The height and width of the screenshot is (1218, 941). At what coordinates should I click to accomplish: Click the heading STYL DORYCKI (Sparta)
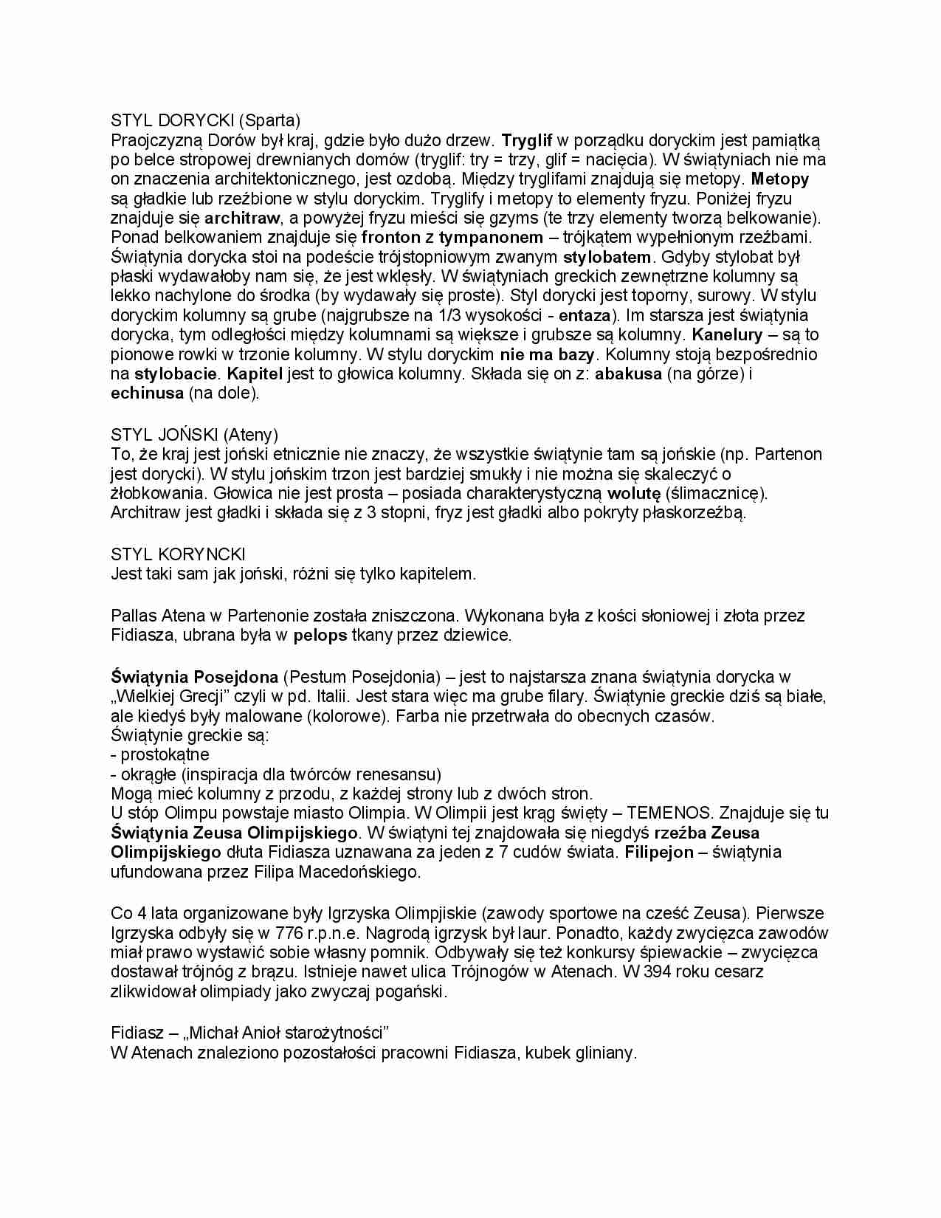(x=205, y=120)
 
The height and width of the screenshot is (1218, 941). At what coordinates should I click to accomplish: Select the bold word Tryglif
(x=527, y=140)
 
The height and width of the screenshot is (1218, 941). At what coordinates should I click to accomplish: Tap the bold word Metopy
(x=779, y=179)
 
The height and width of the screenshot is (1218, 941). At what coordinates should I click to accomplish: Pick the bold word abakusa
(x=628, y=374)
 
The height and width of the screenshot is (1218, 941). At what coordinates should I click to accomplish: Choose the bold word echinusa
(x=147, y=393)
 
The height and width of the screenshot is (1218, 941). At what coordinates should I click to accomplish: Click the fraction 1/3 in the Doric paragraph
(x=470, y=316)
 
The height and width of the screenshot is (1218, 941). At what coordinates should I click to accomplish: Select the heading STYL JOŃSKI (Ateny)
(x=194, y=435)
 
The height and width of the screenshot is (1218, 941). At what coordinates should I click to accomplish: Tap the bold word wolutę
(x=633, y=493)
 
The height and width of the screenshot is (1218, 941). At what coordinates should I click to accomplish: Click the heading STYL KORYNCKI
(x=178, y=554)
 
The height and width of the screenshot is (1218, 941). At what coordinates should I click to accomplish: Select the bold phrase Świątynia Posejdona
(x=194, y=677)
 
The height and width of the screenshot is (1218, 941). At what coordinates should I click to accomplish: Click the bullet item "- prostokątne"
(x=160, y=755)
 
